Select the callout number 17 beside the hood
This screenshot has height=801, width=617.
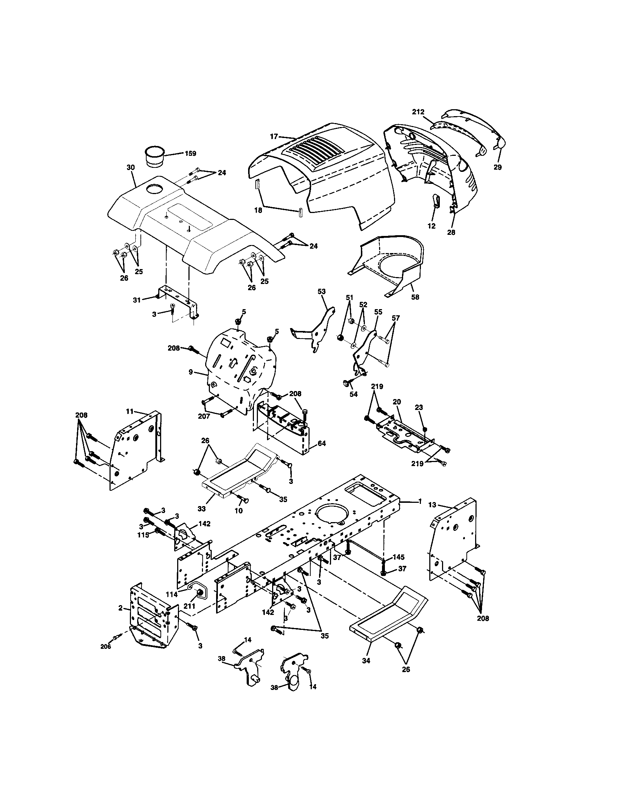[x=274, y=137]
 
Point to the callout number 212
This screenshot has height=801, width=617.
[x=418, y=112]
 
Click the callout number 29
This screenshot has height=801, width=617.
[x=498, y=167]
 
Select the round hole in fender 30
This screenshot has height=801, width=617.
[x=155, y=189]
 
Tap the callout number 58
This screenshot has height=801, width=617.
[x=415, y=297]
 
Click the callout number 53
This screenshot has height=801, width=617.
[x=321, y=292]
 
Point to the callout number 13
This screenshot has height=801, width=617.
[x=432, y=505]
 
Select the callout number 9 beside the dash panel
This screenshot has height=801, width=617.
[x=191, y=372]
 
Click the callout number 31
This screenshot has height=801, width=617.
[x=137, y=300]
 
